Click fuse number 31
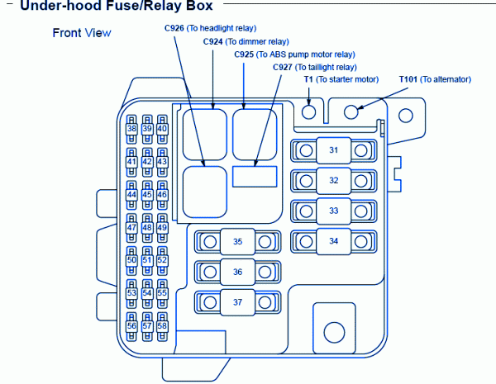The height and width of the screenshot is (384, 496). tap(333, 150)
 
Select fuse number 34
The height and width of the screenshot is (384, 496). tap(333, 241)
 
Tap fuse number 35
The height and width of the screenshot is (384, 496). tap(237, 242)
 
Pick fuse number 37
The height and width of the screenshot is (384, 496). tap(237, 302)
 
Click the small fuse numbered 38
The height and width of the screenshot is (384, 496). tap(131, 129)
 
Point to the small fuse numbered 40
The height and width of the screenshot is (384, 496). tap(162, 129)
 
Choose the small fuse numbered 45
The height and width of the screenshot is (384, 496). tap(147, 195)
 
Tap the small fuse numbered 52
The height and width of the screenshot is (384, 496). tap(162, 260)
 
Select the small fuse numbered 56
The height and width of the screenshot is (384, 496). tap(131, 325)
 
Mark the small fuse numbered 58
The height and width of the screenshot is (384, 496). tap(162, 325)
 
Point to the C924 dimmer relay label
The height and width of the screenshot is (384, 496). tap(234, 41)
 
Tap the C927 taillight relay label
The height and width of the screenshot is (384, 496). tap(315, 67)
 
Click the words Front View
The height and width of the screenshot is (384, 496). tap(81, 33)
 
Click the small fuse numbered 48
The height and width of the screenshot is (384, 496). tap(147, 227)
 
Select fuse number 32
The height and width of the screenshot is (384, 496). tap(333, 180)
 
